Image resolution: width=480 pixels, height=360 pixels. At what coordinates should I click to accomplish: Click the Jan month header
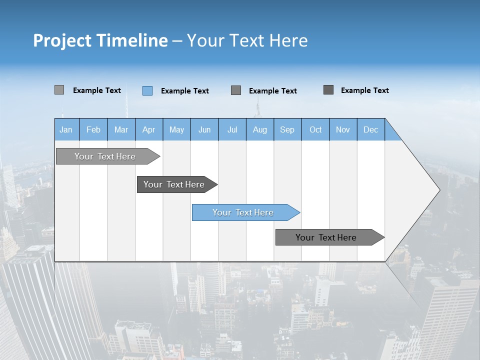click(66, 129)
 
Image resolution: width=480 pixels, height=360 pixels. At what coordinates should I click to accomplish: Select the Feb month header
click(93, 129)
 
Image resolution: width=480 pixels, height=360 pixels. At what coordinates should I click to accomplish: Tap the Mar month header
click(121, 129)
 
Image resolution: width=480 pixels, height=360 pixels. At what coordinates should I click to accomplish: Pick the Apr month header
click(149, 129)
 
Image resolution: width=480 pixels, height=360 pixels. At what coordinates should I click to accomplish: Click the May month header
click(176, 129)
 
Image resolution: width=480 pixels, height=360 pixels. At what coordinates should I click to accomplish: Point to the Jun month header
click(204, 129)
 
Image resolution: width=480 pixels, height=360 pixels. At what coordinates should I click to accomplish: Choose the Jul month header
click(232, 129)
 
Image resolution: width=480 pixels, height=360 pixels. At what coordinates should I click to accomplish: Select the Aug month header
click(260, 129)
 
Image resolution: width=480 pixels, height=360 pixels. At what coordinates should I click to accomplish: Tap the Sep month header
click(287, 129)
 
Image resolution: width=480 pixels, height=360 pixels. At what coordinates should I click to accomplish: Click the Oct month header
click(315, 129)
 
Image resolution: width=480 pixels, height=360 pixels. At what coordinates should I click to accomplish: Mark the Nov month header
click(343, 129)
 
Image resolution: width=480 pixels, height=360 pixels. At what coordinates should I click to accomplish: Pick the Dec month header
click(371, 129)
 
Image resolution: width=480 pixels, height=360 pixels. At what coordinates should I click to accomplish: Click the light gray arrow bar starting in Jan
click(105, 156)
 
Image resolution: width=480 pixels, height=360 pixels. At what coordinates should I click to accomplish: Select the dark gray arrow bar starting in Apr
click(174, 184)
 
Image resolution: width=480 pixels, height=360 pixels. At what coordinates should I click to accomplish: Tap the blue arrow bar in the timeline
click(243, 212)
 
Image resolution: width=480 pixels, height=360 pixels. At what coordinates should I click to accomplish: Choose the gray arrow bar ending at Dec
click(326, 237)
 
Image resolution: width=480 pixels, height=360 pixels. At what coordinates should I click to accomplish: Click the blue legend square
click(147, 90)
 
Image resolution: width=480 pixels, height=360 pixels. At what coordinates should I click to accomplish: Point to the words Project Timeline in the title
click(100, 40)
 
